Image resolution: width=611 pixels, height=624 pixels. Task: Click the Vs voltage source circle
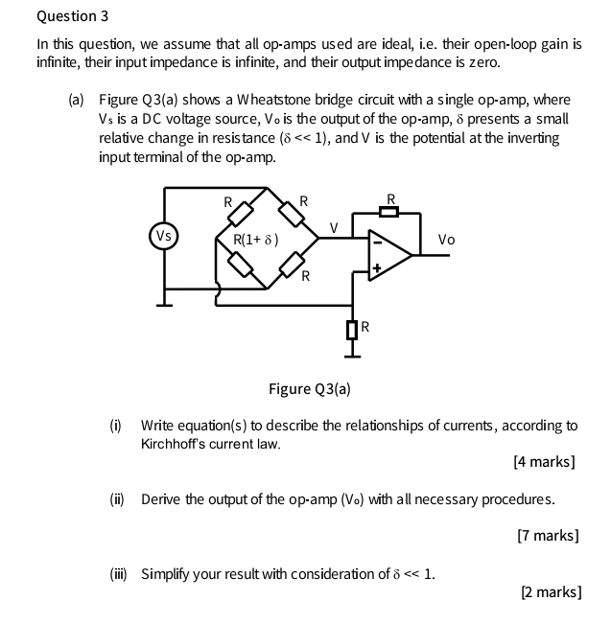coord(164,236)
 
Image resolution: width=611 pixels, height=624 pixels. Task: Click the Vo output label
coord(446,240)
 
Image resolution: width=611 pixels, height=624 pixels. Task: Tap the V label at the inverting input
coord(333,228)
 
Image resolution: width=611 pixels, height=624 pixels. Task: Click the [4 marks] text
coord(544,462)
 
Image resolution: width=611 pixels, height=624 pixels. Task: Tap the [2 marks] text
coord(550,592)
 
